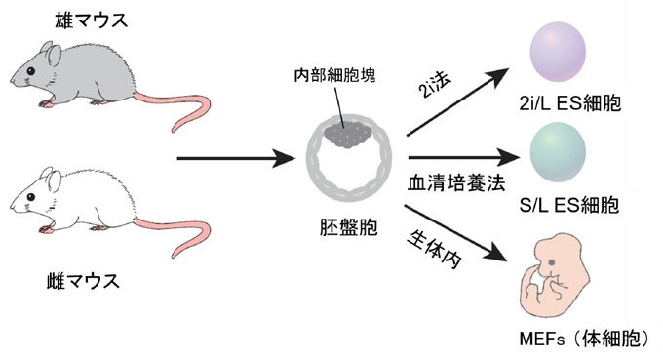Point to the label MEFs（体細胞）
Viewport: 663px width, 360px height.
(585, 340)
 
